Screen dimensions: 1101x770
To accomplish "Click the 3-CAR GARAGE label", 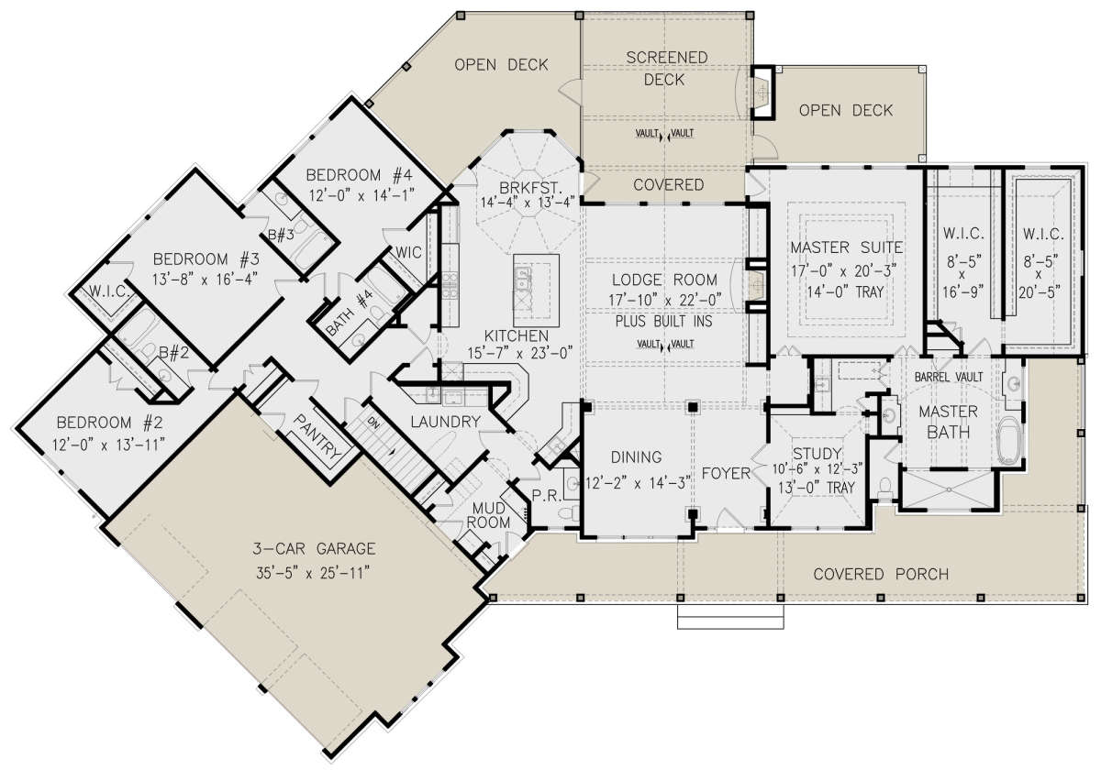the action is click(x=314, y=548).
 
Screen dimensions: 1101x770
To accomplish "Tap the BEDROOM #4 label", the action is click(x=360, y=175).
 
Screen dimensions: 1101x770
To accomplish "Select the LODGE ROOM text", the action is click(x=664, y=280).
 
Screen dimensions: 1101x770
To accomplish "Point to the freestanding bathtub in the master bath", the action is click(x=1009, y=440).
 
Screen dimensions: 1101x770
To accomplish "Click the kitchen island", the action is click(x=536, y=291).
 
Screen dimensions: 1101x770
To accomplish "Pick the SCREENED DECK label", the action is click(x=666, y=68).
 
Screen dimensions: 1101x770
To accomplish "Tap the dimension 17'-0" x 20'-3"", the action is click(x=844, y=270).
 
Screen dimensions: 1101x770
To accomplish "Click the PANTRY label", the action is click(x=318, y=436).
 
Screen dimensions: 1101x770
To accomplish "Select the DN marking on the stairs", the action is click(x=373, y=423).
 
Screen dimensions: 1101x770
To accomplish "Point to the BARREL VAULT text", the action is click(x=949, y=377).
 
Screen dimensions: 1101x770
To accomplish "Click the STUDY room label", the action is click(x=817, y=453).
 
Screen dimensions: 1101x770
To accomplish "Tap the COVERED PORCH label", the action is click(x=881, y=574).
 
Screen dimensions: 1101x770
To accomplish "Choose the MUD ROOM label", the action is click(x=488, y=514).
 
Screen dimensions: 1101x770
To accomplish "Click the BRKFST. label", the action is click(x=530, y=188).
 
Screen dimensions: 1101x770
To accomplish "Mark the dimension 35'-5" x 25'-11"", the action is click(x=313, y=573).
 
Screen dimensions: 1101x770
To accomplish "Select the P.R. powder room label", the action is click(x=547, y=496).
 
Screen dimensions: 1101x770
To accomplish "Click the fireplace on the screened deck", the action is click(x=762, y=93).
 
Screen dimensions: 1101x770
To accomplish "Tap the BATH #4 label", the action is click(x=350, y=313).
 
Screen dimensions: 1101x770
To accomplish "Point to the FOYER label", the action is click(x=726, y=473).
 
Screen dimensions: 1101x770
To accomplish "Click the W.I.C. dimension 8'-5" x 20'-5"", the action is click(x=1040, y=277).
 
